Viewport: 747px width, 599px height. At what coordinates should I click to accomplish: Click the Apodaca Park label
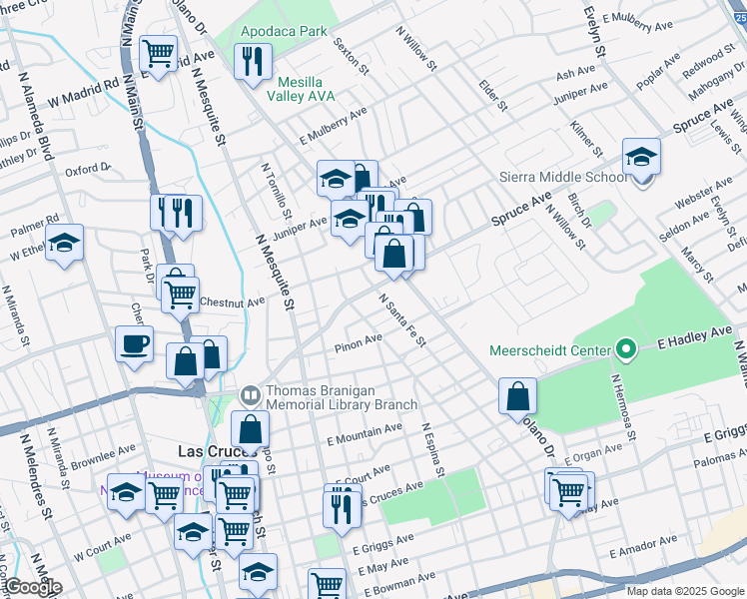(284, 31)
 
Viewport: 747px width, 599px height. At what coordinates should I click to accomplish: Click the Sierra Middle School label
(563, 177)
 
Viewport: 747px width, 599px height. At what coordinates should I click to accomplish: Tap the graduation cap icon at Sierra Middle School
(641, 157)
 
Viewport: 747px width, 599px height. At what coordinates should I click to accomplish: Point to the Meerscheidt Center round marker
(626, 349)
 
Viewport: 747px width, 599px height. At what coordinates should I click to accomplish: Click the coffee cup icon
(135, 344)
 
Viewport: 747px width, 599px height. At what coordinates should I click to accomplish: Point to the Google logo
(33, 587)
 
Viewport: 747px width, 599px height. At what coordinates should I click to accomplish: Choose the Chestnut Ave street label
(232, 300)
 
